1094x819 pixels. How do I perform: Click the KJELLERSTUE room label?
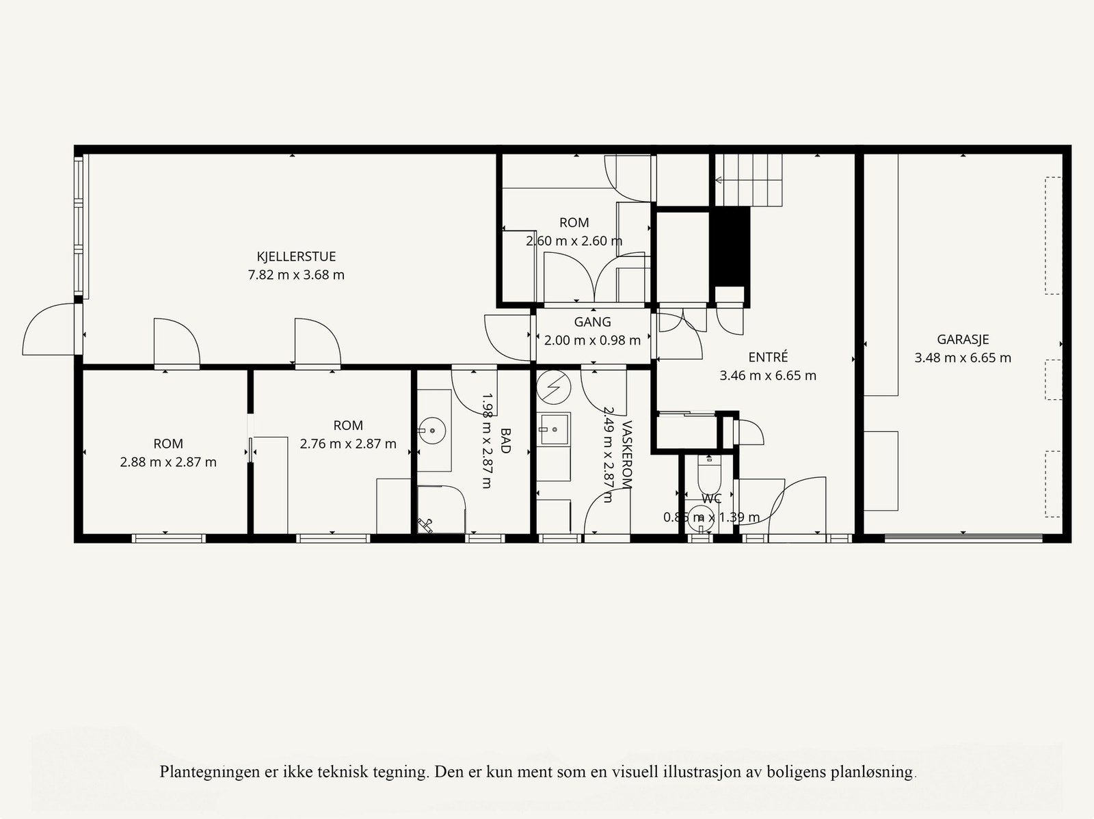(296, 257)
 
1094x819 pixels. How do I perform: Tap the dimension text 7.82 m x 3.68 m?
(296, 276)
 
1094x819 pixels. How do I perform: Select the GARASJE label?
(963, 340)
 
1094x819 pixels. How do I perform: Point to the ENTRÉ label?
(768, 357)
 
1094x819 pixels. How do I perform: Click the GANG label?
(592, 322)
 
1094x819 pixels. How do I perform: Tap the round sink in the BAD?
(432, 431)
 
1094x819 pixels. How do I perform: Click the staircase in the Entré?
(748, 180)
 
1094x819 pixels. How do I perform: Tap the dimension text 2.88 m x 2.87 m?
(168, 462)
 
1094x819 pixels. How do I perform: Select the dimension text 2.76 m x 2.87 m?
(348, 444)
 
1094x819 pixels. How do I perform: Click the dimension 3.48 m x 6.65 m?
(963, 358)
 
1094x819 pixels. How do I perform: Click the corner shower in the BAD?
(440, 509)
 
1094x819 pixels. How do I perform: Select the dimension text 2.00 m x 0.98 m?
(592, 340)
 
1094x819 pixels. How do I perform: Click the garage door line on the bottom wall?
(963, 539)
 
